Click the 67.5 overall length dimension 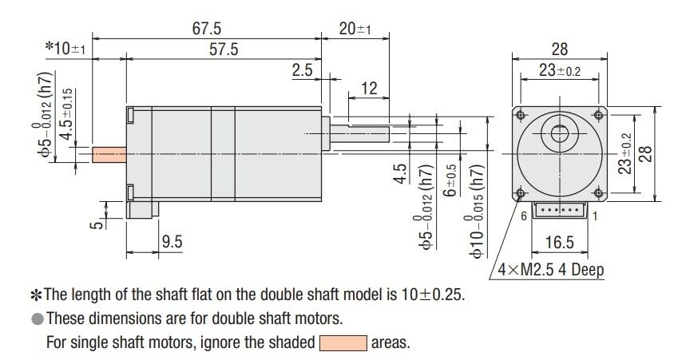(206, 29)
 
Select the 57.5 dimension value (224, 49)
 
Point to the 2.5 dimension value (302, 71)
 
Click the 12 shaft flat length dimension (368, 89)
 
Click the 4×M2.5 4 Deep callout (551, 269)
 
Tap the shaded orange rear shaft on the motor (109, 153)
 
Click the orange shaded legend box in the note (343, 344)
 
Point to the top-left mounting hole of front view (521, 115)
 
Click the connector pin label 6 (525, 216)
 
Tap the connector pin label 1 (598, 216)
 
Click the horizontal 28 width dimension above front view (559, 49)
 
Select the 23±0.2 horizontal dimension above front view (559, 70)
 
